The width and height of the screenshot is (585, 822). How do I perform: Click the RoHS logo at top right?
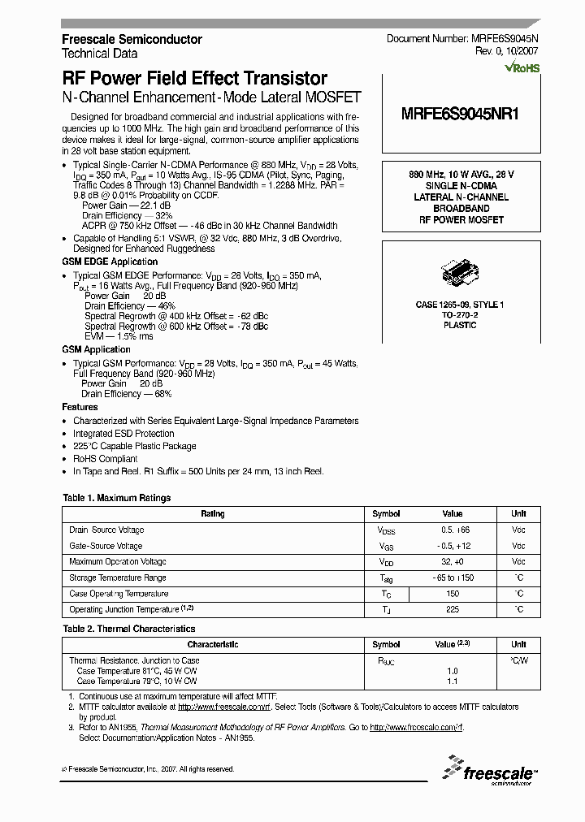(x=521, y=67)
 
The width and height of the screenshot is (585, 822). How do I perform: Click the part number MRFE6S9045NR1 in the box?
(x=460, y=115)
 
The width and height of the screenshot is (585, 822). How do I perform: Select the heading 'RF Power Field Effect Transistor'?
(x=195, y=79)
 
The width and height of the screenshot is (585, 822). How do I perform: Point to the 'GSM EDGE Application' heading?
(x=110, y=262)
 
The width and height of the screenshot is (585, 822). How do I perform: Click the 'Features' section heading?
(x=80, y=407)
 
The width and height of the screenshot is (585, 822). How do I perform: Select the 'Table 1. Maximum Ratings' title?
(x=117, y=498)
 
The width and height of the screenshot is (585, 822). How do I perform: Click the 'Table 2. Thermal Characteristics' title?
(x=129, y=629)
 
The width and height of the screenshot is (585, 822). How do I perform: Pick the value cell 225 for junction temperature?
(x=452, y=609)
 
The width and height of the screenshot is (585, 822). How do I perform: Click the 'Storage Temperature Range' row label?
(x=118, y=578)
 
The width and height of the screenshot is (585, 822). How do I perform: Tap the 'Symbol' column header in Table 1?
(x=386, y=513)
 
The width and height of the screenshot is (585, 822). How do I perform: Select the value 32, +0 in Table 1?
(x=452, y=561)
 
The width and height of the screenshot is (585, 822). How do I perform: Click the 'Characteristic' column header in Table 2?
(x=213, y=644)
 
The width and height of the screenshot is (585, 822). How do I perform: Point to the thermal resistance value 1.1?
(x=452, y=681)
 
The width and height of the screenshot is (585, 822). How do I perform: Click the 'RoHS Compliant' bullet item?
(x=106, y=459)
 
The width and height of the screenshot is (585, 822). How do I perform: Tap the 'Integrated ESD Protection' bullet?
(x=123, y=434)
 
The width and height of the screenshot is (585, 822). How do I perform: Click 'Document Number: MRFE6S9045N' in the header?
(x=462, y=39)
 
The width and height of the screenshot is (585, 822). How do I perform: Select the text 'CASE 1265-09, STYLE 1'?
(x=460, y=304)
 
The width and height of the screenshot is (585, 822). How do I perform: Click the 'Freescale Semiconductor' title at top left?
(x=132, y=39)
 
